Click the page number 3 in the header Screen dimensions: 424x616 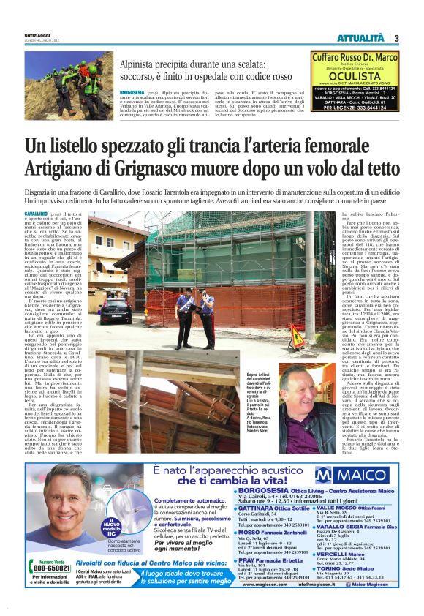tap(395, 38)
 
